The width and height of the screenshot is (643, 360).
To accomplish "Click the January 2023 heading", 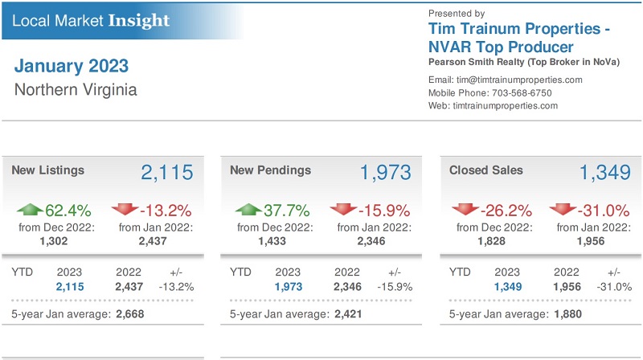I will (x=71, y=66).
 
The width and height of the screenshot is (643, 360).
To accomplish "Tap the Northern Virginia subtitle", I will (x=76, y=89).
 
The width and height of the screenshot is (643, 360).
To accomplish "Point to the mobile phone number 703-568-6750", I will (x=522, y=92).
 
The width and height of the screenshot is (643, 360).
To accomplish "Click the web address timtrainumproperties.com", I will (x=506, y=105).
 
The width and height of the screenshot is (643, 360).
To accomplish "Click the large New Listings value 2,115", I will (x=167, y=173).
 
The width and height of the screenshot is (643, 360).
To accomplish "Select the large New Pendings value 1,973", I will (x=385, y=173).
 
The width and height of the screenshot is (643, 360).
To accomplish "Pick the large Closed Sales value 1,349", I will (x=605, y=173).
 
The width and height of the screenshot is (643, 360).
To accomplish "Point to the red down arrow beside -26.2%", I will (x=465, y=211).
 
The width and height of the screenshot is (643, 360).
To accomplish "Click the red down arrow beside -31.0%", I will (x=563, y=211).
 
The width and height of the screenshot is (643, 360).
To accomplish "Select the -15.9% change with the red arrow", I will (x=383, y=211).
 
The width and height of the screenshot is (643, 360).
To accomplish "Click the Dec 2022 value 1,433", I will (x=273, y=240).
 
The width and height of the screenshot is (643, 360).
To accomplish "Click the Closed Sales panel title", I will (x=485, y=170).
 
